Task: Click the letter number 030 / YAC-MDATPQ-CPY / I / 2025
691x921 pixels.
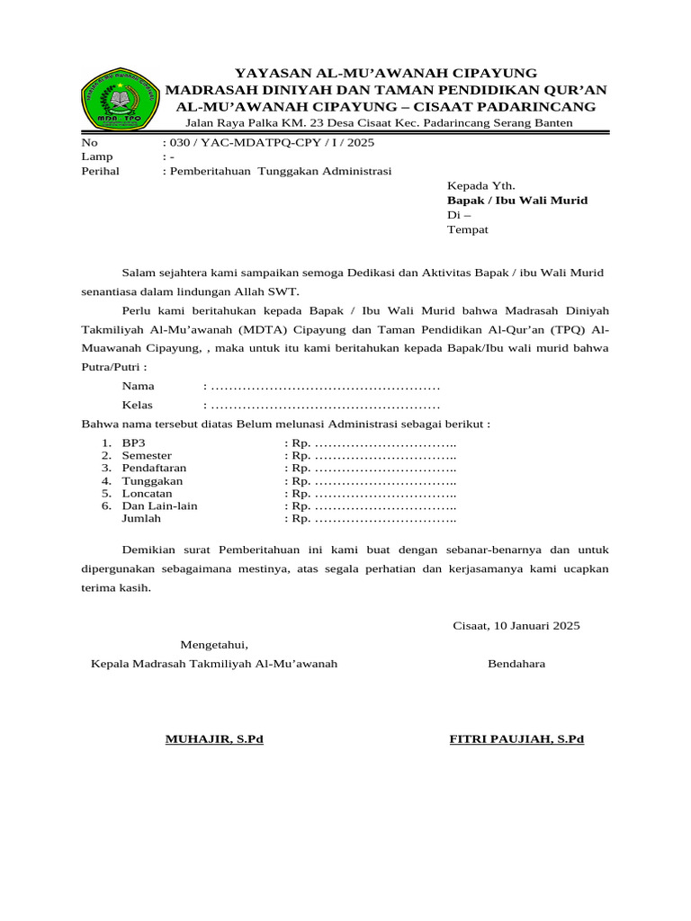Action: pos(271,142)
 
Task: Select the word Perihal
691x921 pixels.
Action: pos(100,170)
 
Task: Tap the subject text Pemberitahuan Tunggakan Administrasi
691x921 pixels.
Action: pos(280,170)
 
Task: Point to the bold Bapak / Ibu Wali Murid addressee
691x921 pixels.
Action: pos(517,200)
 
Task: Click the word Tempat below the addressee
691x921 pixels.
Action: pos(468,229)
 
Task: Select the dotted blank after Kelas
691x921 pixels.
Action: pos(325,405)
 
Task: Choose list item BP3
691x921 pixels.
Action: pos(133,443)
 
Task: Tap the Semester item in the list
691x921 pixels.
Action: pos(147,456)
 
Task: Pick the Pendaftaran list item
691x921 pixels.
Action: pos(155,469)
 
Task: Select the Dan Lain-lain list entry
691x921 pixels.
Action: pos(160,505)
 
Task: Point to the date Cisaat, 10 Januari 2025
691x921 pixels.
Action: pos(516,625)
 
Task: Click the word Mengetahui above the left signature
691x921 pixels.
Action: pos(213,644)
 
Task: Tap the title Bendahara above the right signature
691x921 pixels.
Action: pos(516,664)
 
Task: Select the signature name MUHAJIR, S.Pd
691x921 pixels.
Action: pos(214,739)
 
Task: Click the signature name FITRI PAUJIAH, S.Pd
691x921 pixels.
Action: pos(516,739)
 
